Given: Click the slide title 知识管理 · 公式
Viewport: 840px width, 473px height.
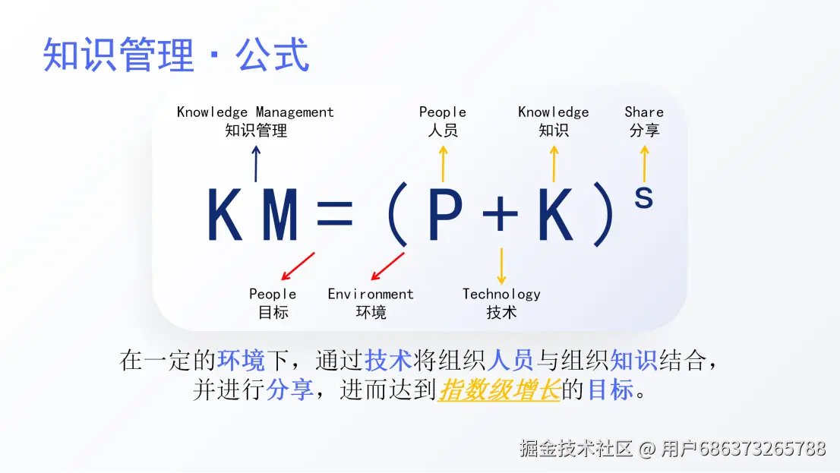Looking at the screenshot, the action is tap(176, 55).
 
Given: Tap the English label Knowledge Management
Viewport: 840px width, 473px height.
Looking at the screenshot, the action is tap(255, 112).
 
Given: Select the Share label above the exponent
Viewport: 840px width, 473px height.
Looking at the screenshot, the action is tap(644, 112).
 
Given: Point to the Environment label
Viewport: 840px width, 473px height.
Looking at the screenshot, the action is tap(371, 295).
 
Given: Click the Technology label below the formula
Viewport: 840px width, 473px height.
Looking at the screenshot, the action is tap(501, 295).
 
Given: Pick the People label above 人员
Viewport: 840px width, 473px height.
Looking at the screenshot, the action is tap(443, 112).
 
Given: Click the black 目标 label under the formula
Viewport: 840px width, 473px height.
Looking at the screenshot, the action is tap(273, 312).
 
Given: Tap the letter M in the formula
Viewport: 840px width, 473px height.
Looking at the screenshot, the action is tap(279, 216).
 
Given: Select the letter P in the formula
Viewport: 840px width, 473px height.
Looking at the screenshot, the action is tap(445, 216).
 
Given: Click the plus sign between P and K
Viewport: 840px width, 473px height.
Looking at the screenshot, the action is tap(501, 216).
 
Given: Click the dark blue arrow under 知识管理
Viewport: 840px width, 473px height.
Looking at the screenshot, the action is tap(256, 164).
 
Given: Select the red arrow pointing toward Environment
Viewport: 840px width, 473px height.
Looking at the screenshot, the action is tap(387, 266).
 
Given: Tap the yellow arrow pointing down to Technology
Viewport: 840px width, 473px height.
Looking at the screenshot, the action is tap(501, 266).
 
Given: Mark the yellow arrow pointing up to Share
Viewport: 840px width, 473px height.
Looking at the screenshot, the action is tap(644, 164).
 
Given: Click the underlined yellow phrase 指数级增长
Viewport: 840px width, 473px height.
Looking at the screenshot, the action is tap(499, 389).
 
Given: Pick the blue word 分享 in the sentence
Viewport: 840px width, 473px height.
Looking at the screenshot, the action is tap(289, 389).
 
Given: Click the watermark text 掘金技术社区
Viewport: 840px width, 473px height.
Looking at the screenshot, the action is tap(576, 448).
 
